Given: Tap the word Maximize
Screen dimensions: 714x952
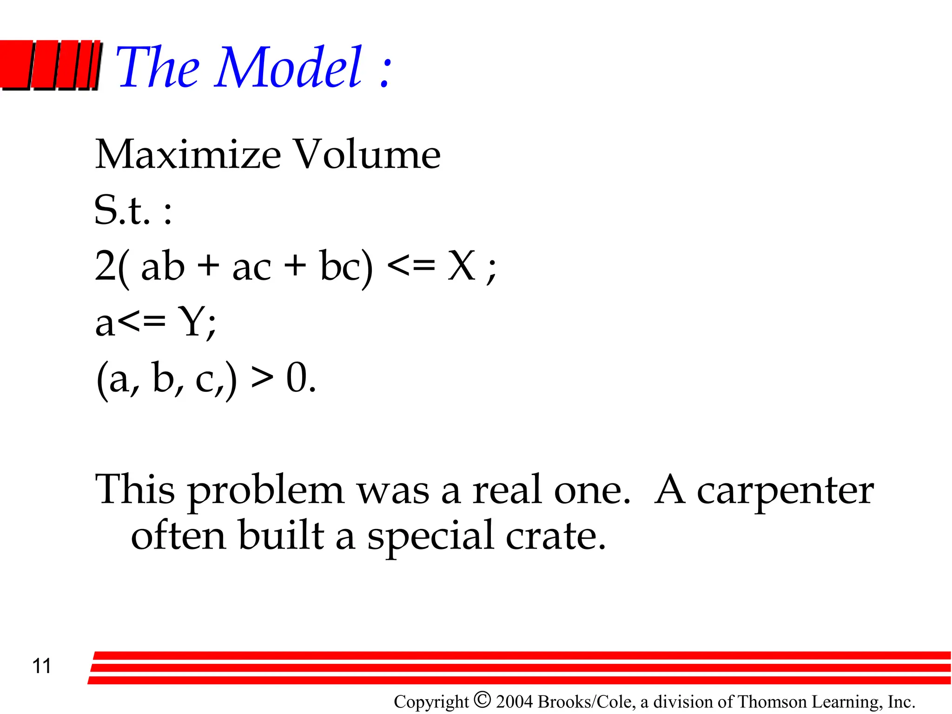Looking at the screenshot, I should coord(188,154).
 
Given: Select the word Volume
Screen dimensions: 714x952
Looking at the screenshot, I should coord(368,154).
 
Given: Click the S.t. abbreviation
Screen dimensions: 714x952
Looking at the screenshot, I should coord(122,210).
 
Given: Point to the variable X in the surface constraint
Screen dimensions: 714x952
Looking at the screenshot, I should coord(461,266).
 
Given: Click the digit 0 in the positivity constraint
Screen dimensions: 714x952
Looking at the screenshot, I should coord(297,378).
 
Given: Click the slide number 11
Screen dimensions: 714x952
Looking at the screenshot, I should coord(41,666).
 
